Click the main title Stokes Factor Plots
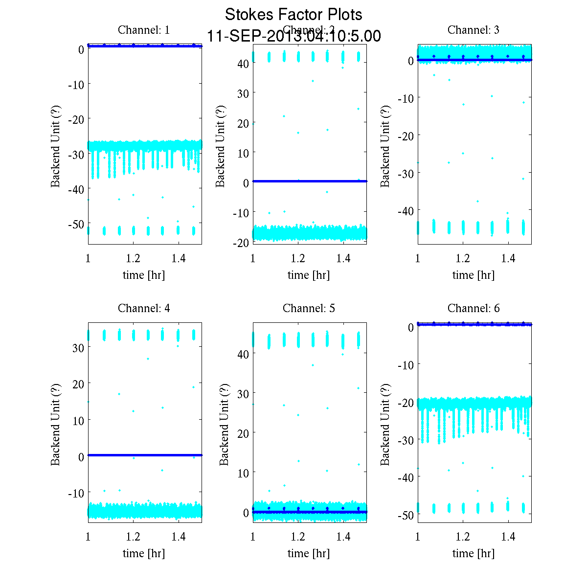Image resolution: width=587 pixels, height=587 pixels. point(293,15)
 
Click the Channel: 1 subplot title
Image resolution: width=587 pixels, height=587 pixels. point(144,30)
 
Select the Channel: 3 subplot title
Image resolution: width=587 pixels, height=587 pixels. point(474,30)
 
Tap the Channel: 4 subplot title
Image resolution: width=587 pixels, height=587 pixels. point(144,308)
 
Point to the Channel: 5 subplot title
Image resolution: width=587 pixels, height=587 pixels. point(309,308)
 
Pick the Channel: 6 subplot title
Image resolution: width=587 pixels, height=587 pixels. point(474,308)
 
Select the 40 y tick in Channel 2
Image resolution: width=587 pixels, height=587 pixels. point(243,63)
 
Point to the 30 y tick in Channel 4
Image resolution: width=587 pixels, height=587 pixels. point(78,347)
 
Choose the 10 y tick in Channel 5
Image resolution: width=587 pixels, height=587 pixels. point(243,473)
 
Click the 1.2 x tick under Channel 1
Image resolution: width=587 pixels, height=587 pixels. point(133,258)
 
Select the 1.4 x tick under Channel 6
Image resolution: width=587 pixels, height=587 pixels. point(509,537)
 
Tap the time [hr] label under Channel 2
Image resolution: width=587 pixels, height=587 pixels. point(309,275)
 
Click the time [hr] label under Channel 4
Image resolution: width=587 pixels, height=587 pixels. point(144,553)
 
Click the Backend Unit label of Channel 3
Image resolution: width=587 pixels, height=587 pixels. point(385,145)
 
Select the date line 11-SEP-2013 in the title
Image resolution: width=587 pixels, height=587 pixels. point(293,36)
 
